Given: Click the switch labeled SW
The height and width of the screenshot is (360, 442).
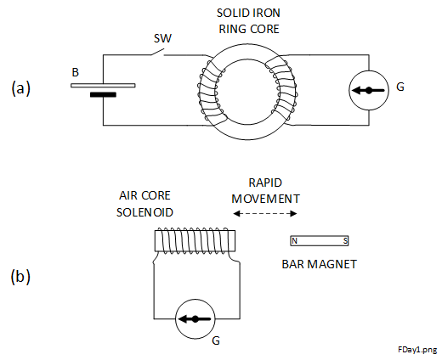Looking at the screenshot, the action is [157, 53].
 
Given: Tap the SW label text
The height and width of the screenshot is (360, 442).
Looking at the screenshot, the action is [162, 38].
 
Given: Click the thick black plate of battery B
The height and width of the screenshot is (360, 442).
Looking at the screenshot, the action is [103, 94].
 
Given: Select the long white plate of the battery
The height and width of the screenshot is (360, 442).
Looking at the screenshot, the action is [103, 85].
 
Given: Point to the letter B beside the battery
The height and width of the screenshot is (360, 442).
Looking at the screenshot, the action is [75, 72].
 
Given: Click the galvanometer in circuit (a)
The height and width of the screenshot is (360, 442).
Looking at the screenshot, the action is [369, 90].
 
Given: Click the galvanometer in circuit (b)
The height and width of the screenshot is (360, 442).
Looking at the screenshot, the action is [195, 319].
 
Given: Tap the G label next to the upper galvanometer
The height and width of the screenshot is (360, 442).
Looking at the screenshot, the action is [400, 87].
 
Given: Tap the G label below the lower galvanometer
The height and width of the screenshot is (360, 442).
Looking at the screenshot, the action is [216, 340].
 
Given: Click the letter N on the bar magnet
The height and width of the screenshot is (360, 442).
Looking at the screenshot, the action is [295, 241].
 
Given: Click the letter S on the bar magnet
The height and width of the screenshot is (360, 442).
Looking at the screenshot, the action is [345, 241].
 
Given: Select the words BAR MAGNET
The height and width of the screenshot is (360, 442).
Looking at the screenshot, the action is [320, 264].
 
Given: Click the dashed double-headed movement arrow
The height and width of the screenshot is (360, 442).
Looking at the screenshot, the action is [265, 214].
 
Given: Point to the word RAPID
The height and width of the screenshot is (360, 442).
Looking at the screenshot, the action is [265, 183].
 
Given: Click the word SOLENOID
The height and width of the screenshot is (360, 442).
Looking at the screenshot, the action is [144, 212].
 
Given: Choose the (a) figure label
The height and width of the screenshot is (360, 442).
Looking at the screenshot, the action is [20, 88].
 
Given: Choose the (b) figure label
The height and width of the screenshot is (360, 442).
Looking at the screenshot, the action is [20, 277].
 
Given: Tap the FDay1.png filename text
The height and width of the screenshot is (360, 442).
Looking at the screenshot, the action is [417, 350].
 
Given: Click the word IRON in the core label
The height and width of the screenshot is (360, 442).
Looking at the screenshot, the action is [267, 13].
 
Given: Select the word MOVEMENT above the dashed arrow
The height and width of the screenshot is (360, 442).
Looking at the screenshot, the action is [265, 199].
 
